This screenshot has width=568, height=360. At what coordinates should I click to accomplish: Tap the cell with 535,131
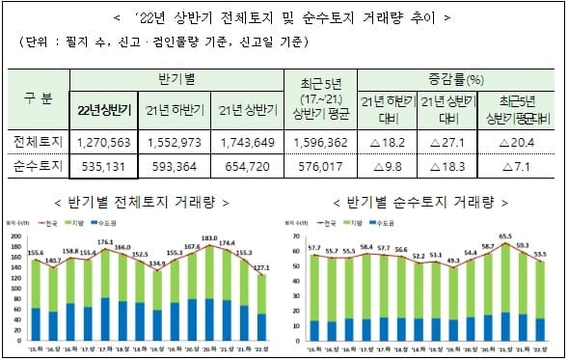pos(103,165)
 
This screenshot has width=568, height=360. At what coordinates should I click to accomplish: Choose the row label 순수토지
pos(38,165)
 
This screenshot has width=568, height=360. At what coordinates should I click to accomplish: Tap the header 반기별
pos(175,79)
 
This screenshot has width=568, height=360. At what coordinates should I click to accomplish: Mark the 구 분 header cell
pos(38,100)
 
